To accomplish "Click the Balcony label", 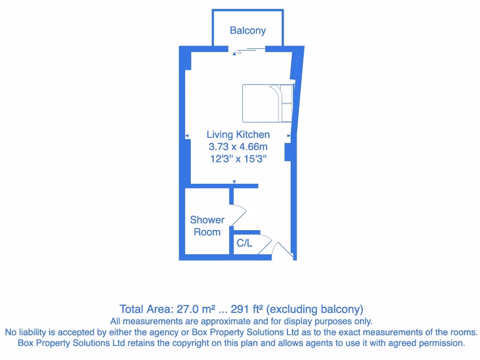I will coord(247,30).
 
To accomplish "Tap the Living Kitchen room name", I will coord(238,135).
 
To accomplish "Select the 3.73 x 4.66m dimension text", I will coord(238,147).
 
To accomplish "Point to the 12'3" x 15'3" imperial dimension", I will coord(238,158).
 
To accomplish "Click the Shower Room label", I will coord(207,225).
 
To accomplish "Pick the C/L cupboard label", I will coord(244,243).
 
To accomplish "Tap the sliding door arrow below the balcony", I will coord(237,53).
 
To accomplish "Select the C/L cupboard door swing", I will coord(265,244).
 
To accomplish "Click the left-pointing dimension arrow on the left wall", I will coord(187,136).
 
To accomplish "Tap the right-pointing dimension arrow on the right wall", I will coord(289,136).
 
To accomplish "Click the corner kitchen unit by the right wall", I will coord(267,103).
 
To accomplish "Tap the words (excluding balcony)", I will coord(315,309).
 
